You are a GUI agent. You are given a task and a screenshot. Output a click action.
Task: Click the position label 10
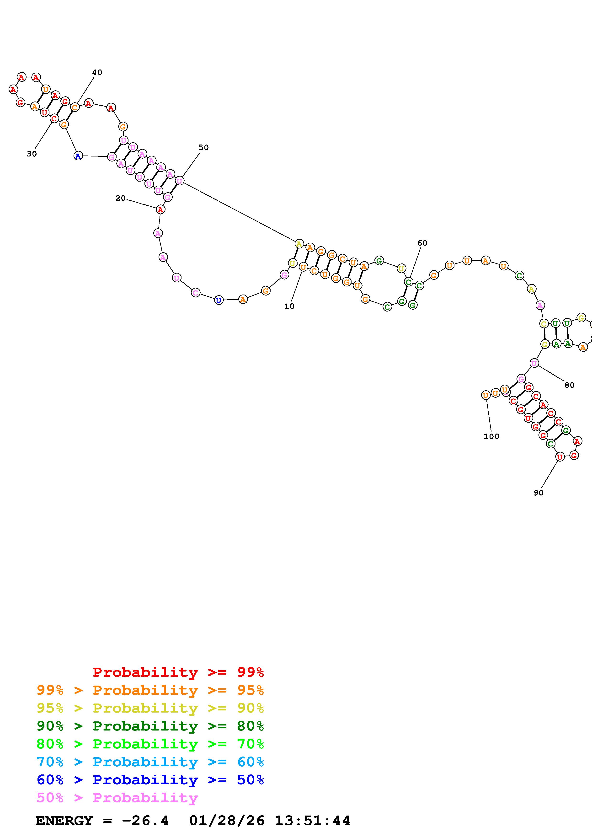pos(289,306)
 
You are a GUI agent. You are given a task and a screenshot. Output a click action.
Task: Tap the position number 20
pos(120,198)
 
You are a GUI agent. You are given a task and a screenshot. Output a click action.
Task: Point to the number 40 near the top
pos(97,72)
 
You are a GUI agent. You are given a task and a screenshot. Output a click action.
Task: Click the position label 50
pos(203,147)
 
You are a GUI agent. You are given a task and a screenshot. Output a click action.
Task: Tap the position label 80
pos(569,385)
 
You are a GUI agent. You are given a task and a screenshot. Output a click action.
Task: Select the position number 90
pos(538,493)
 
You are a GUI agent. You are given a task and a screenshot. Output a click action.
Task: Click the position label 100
pos(491,436)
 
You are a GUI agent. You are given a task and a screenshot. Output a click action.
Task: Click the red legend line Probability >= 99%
pos(178,672)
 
